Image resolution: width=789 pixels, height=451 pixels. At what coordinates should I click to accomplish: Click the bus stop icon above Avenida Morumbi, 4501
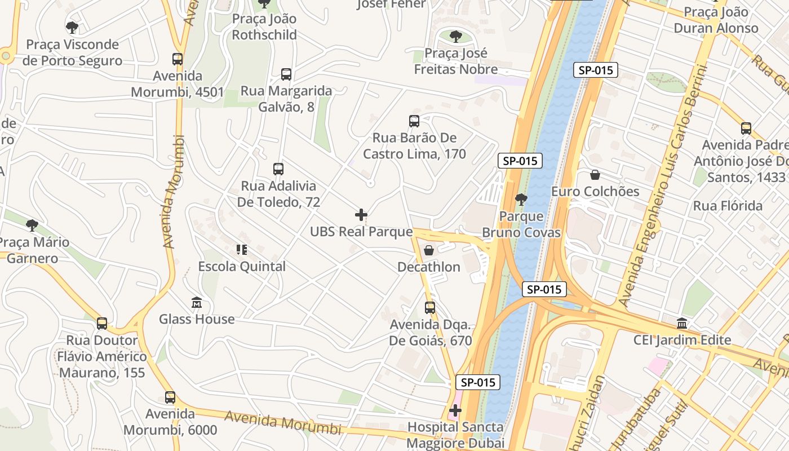(178, 59)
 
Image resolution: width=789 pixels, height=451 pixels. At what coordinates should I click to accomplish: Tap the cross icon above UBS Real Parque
(361, 215)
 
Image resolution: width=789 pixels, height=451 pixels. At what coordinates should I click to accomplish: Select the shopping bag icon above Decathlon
(429, 250)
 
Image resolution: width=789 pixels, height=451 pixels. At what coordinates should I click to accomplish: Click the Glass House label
(197, 319)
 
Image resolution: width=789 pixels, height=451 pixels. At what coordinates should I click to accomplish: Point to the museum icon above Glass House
(197, 303)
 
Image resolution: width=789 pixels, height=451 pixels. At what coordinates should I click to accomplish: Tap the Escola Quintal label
(242, 267)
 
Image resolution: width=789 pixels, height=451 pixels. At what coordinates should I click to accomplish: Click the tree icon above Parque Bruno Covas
(521, 199)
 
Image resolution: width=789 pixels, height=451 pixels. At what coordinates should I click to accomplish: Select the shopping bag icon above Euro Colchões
(595, 175)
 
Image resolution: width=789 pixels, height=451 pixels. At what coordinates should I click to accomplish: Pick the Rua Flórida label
(728, 206)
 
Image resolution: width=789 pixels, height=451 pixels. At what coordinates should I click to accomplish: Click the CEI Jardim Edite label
(682, 340)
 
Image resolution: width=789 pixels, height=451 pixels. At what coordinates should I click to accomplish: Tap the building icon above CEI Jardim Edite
(682, 324)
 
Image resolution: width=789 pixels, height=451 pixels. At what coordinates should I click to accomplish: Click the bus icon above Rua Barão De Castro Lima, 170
(414, 121)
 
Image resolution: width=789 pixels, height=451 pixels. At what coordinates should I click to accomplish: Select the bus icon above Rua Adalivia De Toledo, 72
(278, 169)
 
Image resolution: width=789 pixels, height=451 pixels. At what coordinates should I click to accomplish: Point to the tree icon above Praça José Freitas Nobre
(456, 37)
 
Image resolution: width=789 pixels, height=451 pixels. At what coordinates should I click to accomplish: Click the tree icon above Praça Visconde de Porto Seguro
(72, 27)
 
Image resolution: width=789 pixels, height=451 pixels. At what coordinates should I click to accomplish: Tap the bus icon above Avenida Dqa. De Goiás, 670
(430, 308)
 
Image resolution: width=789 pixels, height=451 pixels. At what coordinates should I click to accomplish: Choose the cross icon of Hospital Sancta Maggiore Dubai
(455, 410)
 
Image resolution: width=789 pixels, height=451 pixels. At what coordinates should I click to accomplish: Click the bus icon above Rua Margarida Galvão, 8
(286, 74)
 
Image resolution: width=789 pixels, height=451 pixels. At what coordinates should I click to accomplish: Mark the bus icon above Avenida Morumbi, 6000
(170, 397)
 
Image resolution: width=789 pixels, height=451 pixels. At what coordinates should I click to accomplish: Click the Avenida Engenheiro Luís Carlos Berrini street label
(664, 186)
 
